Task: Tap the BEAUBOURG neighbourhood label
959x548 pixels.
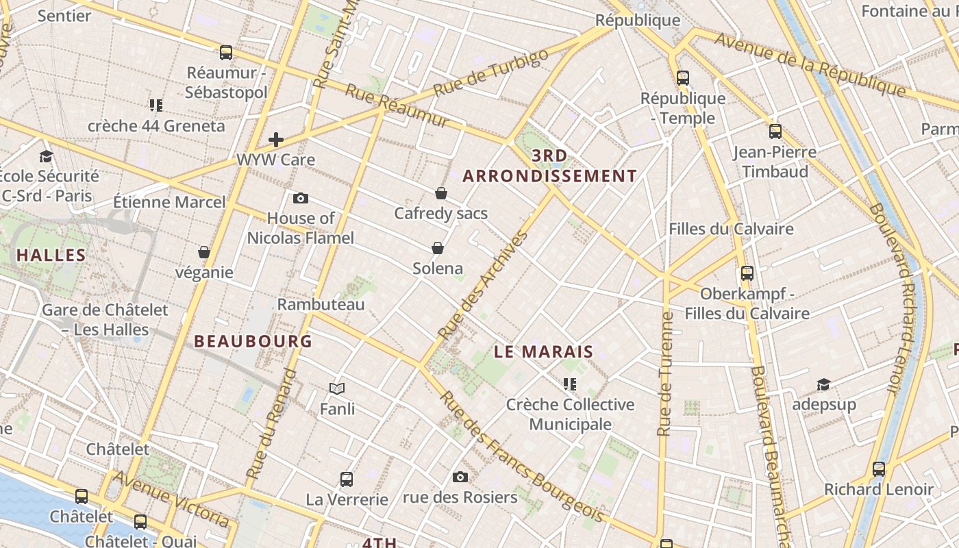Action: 253,341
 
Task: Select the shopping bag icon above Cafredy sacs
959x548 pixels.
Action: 441,194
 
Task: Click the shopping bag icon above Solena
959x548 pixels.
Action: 438,248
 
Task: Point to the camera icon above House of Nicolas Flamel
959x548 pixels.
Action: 300,199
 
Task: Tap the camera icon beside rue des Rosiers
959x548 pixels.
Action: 460,477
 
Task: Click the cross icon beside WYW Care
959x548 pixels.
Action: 276,140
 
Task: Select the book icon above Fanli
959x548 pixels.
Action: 337,389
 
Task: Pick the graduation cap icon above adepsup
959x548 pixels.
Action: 823,384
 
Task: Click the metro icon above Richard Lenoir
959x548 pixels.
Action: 878,469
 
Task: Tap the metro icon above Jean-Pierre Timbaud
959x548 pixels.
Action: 775,132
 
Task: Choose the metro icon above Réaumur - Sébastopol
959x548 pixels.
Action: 225,52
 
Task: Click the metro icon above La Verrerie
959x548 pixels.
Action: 347,480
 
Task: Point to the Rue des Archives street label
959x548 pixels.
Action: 484,284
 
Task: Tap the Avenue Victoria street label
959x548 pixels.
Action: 171,499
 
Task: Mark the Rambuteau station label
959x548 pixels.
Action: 321,304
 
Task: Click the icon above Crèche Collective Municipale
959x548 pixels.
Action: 570,384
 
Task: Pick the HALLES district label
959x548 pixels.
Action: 51,256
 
